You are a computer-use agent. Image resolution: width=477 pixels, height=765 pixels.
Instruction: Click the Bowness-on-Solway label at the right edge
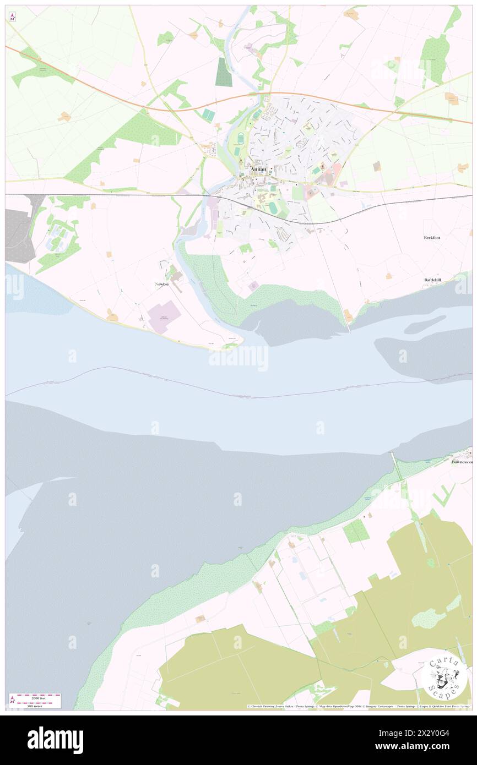click(462, 462)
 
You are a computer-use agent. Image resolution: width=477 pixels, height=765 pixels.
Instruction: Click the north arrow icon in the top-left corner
click(12, 17)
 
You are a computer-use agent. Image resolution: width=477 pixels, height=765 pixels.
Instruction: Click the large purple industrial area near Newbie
click(164, 317)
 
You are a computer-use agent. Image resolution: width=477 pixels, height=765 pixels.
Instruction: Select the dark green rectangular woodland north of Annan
click(224, 72)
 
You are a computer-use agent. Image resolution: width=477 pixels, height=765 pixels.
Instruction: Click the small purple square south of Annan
click(254, 285)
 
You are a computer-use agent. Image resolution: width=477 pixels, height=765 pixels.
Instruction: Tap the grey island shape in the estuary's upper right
click(425, 324)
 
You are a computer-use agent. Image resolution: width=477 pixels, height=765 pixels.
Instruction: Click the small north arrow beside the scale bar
click(12, 701)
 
